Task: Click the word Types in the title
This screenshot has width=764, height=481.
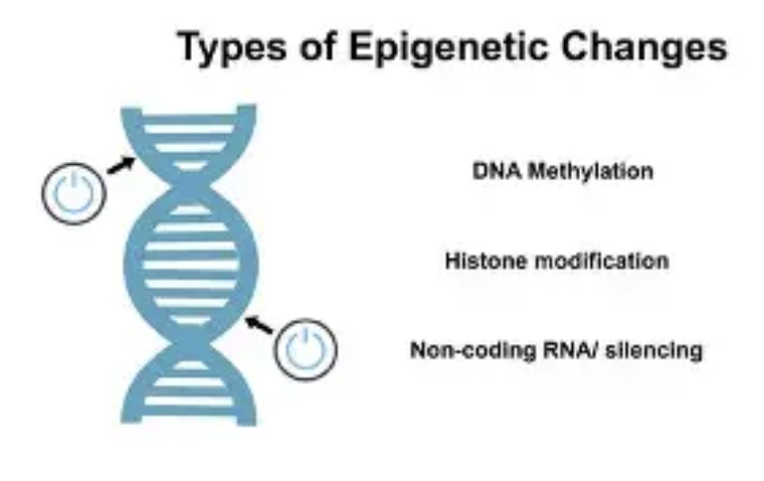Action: tap(232, 48)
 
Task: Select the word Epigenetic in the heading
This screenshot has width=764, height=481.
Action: tap(449, 48)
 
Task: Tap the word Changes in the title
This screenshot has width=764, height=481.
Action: tap(644, 48)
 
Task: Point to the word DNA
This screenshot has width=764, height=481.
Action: tap(497, 171)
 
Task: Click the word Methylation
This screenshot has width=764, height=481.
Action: tap(591, 171)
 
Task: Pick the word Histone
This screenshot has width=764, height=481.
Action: tap(487, 260)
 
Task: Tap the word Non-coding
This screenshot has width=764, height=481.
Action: tap(473, 350)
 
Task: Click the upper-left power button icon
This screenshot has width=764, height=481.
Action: tap(74, 194)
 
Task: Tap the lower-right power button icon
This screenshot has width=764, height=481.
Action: tap(305, 349)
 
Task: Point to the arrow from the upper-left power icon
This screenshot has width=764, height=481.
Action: tap(122, 165)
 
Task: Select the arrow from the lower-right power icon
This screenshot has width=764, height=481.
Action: tap(259, 325)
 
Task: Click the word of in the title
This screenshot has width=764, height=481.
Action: tap(318, 48)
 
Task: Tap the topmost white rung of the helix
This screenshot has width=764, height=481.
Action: tap(189, 129)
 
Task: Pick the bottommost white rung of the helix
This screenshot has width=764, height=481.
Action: tap(189, 401)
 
